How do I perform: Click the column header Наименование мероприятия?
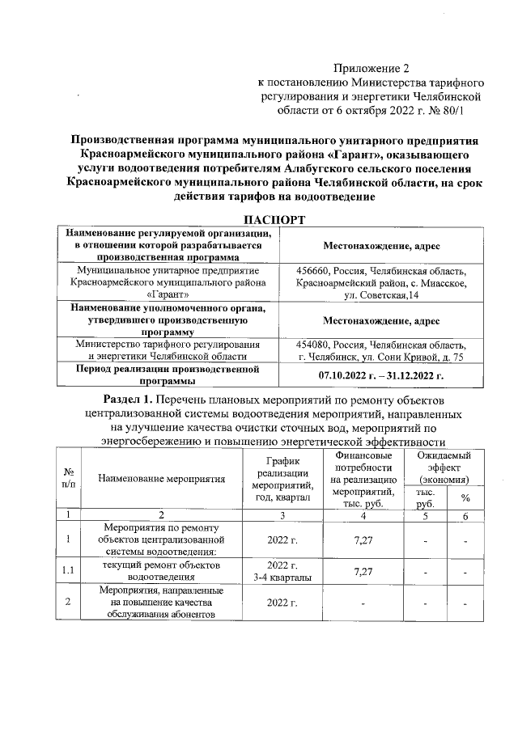(161, 479)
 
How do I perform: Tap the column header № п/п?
(69, 479)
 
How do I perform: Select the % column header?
(465, 498)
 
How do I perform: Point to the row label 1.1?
(69, 572)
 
